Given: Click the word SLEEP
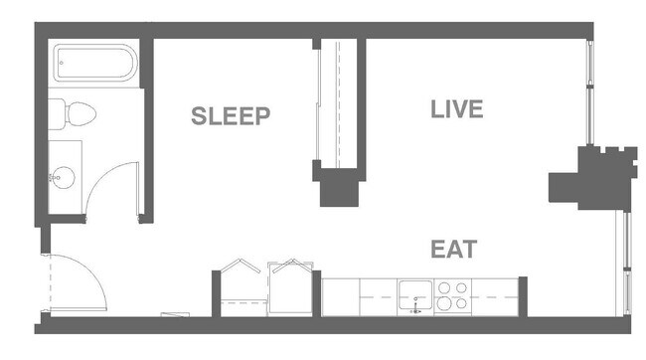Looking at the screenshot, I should coord(231,116).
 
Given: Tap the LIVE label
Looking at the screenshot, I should coord(456,109).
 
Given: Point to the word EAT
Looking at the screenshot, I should coord(454,249).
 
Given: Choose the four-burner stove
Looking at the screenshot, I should coord(452,296).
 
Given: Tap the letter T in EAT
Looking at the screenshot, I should coord(470,249).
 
